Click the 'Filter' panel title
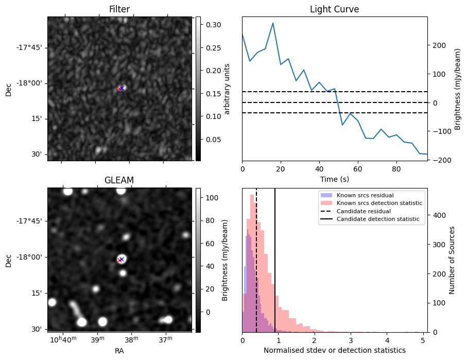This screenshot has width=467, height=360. pyautogui.click(x=119, y=9)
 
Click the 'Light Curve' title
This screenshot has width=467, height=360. pyautogui.click(x=334, y=9)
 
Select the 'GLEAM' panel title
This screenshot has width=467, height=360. pyautogui.click(x=119, y=180)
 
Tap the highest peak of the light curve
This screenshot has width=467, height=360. pyautogui.click(x=272, y=23)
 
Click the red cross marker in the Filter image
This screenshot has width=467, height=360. pyautogui.click(x=120, y=89)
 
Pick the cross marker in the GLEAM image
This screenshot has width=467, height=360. pyautogui.click(x=120, y=260)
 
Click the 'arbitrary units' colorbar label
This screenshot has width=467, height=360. pyautogui.click(x=227, y=89)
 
